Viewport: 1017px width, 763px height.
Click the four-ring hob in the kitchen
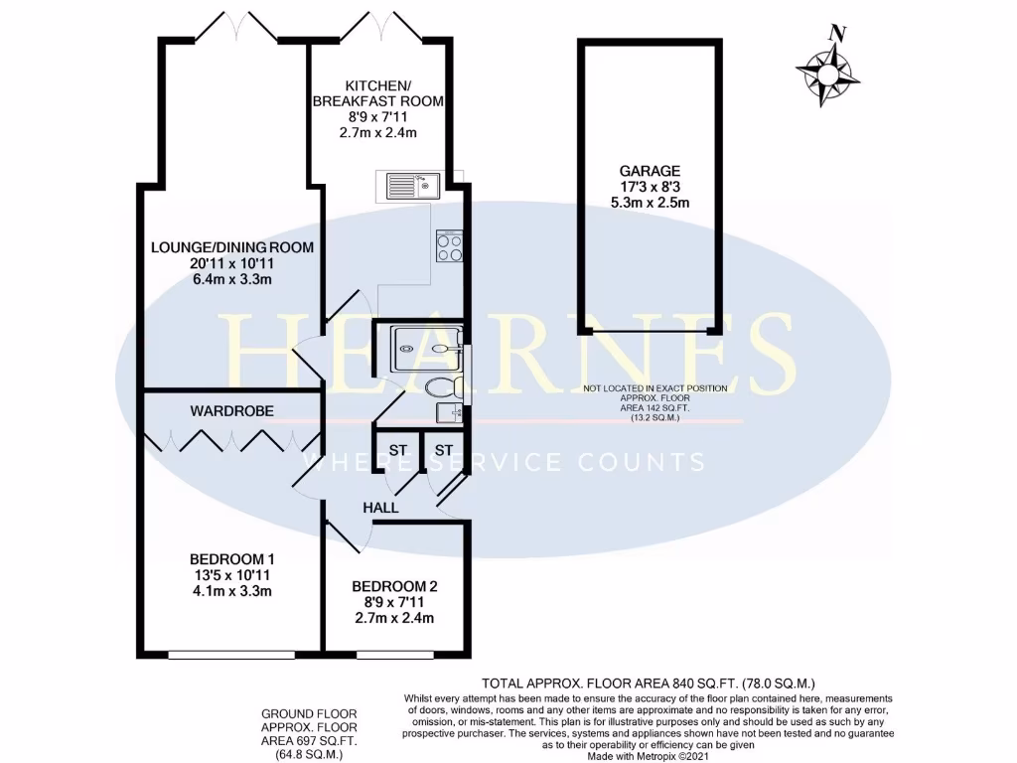pyautogui.click(x=450, y=245)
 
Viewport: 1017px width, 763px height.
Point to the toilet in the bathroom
pyautogui.click(x=440, y=385)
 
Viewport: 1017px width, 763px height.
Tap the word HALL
pyautogui.click(x=380, y=508)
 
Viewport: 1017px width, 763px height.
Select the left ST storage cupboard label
pyautogui.click(x=397, y=450)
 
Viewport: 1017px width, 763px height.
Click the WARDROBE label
pyautogui.click(x=232, y=410)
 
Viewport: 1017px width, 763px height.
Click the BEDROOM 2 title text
pyautogui.click(x=394, y=586)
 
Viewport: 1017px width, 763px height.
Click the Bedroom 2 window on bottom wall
pyautogui.click(x=393, y=654)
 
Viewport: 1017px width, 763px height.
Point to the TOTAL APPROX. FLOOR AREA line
pyautogui.click(x=649, y=684)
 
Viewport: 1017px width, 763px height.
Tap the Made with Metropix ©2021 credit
pyautogui.click(x=651, y=756)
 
